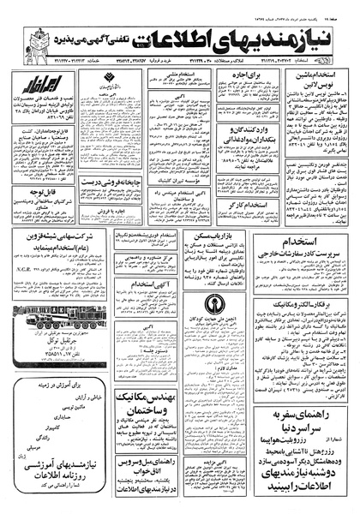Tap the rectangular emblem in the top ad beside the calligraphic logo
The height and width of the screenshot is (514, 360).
tap(104, 86)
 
